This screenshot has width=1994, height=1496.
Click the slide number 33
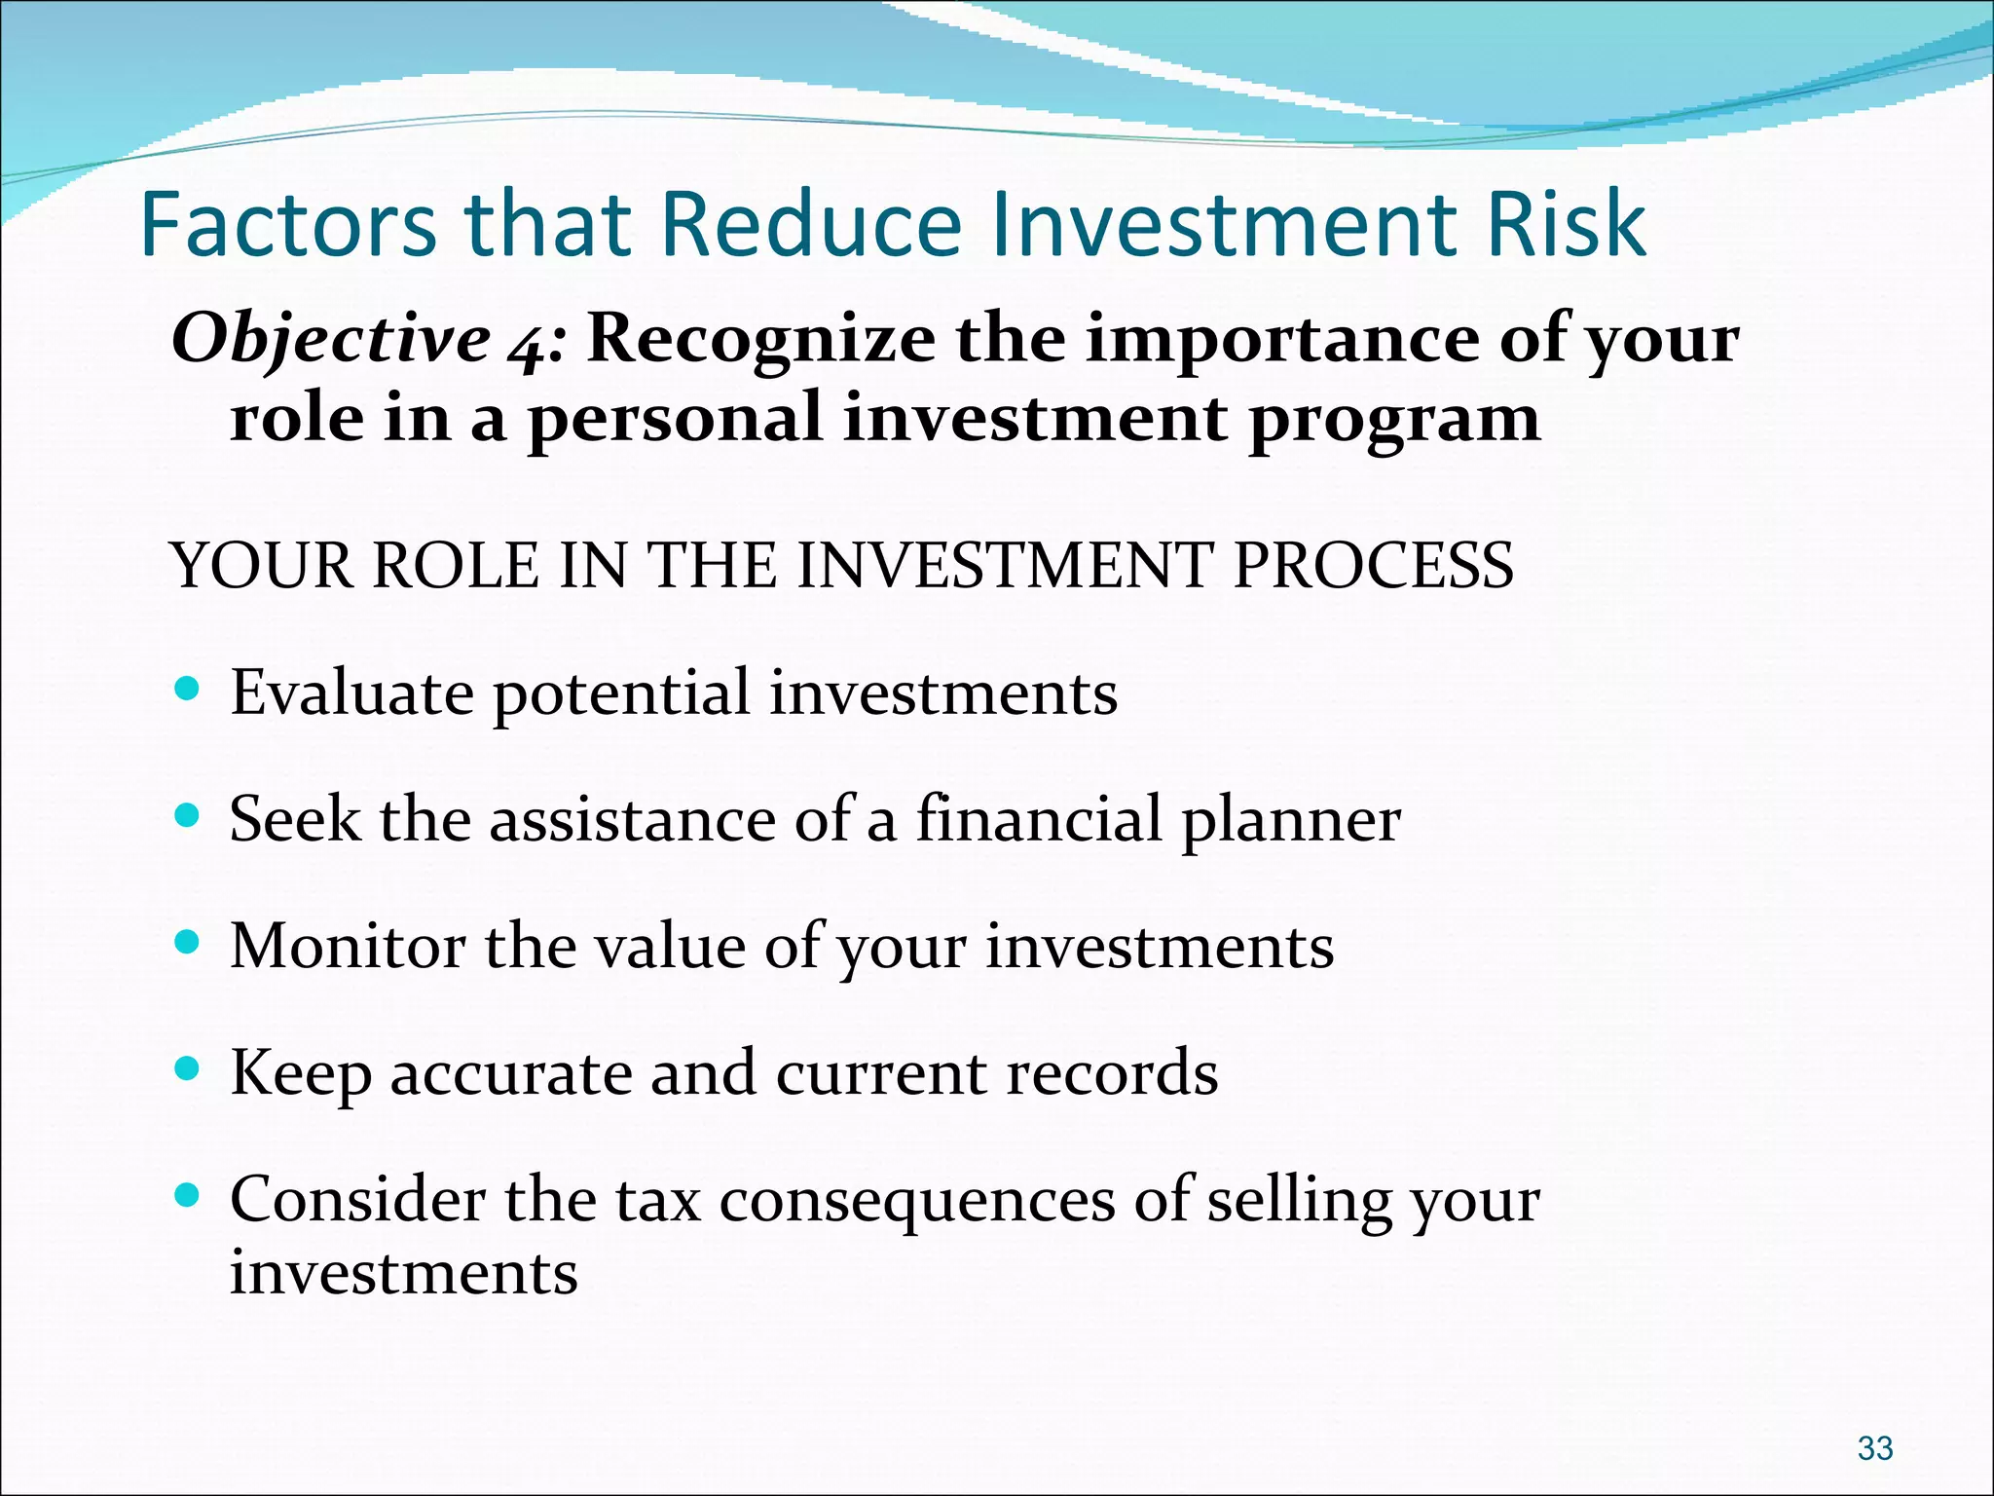(1874, 1448)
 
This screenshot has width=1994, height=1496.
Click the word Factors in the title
(288, 225)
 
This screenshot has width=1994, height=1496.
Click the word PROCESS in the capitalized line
(1373, 565)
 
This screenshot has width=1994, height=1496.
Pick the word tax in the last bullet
(658, 1200)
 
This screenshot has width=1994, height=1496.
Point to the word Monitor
(348, 946)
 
